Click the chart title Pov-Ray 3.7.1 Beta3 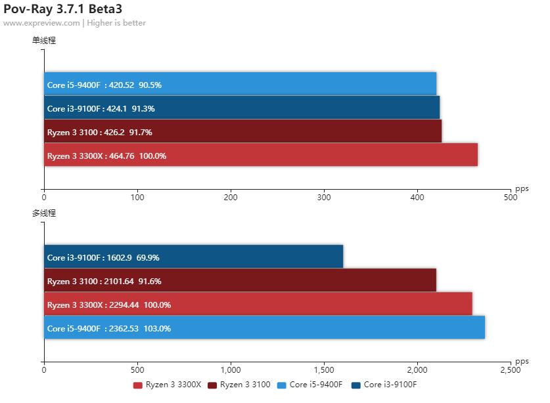[62, 9]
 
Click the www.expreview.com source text [41, 23]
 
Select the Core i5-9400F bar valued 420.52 [240, 84]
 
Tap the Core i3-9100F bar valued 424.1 [242, 108]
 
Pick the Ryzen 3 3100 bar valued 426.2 [242, 131]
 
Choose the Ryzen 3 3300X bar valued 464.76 [261, 155]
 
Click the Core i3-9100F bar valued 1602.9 [193, 257]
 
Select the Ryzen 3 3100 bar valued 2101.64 [240, 280]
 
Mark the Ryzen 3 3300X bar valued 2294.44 [258, 304]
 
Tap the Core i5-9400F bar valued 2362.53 [264, 328]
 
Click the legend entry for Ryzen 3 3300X [168, 385]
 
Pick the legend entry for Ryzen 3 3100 [239, 385]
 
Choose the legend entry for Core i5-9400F [311, 385]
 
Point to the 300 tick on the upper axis [324, 196]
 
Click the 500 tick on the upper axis [511, 196]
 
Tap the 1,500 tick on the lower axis [324, 370]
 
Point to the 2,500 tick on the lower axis [511, 370]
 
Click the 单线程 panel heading [44, 40]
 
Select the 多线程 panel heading [44, 213]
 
